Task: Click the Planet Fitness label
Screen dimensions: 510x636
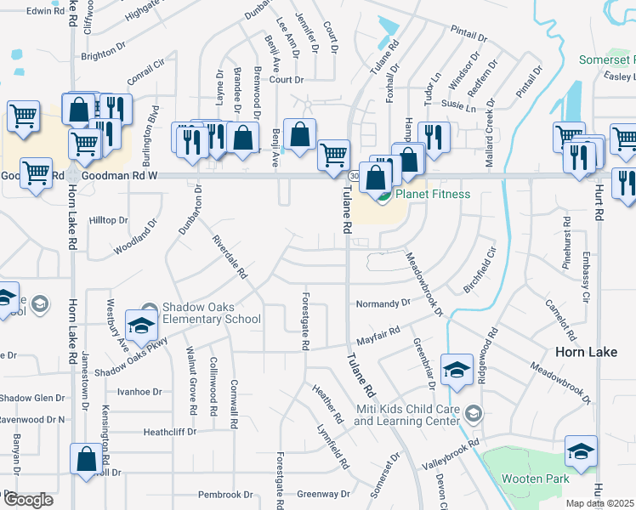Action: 431,194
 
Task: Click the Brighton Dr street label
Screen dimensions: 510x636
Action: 104,56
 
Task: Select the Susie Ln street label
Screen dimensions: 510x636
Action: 459,105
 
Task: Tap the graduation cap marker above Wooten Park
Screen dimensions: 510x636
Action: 581,451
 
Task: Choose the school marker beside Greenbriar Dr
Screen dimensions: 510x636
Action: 457,370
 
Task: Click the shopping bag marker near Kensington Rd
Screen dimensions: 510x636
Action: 88,460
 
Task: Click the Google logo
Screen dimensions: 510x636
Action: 29,499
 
